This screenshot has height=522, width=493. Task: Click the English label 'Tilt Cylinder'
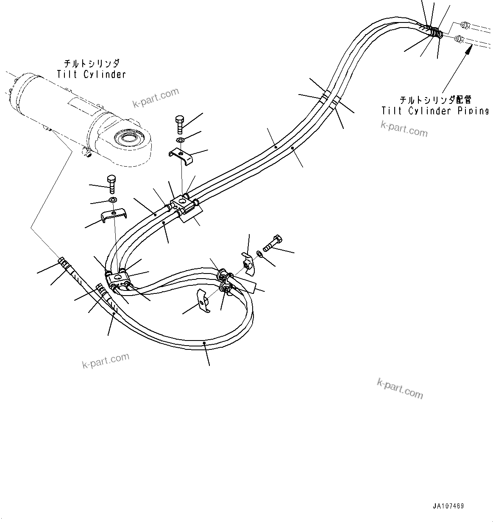tap(92, 75)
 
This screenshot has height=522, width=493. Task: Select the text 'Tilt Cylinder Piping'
tap(435, 111)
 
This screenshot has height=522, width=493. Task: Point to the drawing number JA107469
tap(448, 506)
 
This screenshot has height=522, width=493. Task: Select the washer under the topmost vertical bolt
tap(180, 140)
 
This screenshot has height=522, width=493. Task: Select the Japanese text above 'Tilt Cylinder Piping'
tap(435, 100)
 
